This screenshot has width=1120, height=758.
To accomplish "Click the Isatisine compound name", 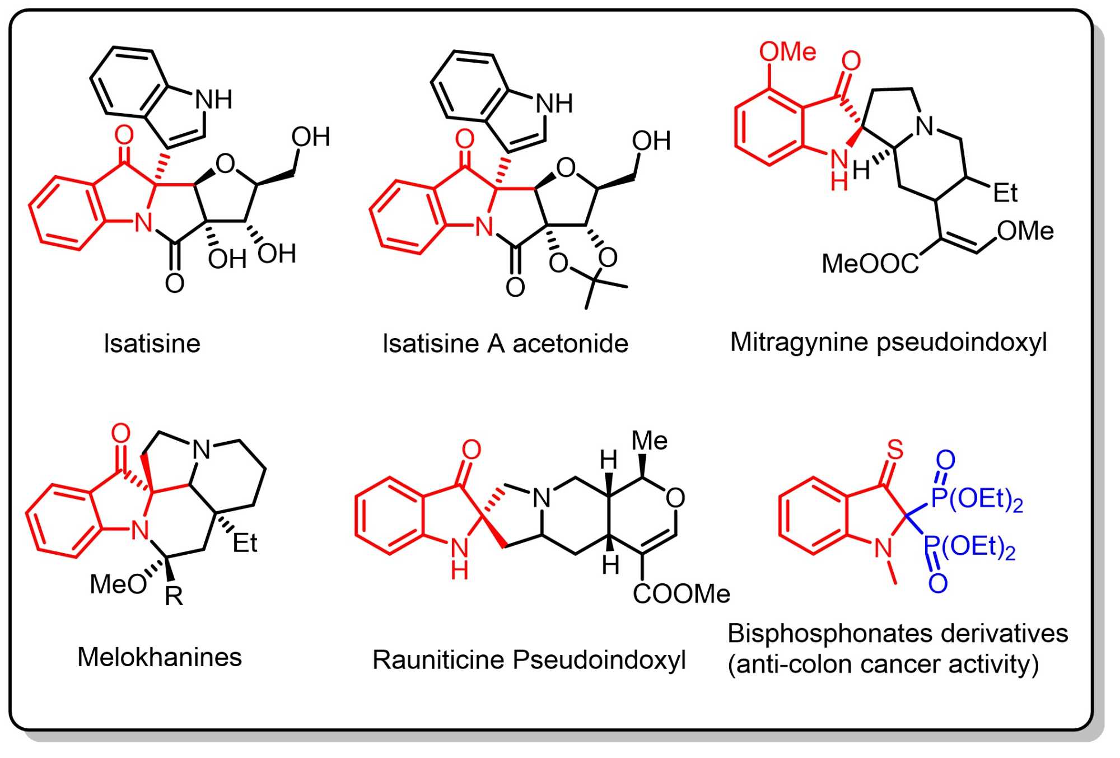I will (152, 343).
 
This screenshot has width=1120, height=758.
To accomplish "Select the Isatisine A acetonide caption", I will (505, 343).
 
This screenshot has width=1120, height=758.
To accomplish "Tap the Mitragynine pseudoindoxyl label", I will (888, 342).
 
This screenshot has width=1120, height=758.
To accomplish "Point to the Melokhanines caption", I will (160, 657).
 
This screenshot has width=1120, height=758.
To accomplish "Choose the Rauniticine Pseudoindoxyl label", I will (529, 659).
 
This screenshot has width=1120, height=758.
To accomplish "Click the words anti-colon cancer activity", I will (883, 665).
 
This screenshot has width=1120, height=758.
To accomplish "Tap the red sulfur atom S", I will (895, 449).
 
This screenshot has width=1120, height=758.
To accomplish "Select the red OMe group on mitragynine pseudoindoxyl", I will (787, 52).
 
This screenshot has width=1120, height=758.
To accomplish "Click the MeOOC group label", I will (870, 263).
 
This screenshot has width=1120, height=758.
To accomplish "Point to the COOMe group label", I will (681, 594).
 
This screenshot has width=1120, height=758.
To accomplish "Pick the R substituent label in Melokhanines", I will (174, 596).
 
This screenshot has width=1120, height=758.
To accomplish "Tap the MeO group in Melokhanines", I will (118, 584).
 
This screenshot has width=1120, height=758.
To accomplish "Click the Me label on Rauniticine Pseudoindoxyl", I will (649, 441).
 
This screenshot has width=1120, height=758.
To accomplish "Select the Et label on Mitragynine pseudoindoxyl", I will (1005, 193).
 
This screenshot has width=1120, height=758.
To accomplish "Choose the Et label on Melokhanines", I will (245, 543).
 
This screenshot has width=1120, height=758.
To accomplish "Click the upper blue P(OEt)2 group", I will (977, 499).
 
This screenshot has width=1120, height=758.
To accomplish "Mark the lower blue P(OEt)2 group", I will (969, 547).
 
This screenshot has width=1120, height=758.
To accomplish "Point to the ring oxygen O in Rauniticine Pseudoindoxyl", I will (676, 498).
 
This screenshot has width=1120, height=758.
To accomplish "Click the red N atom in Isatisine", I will (143, 223).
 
